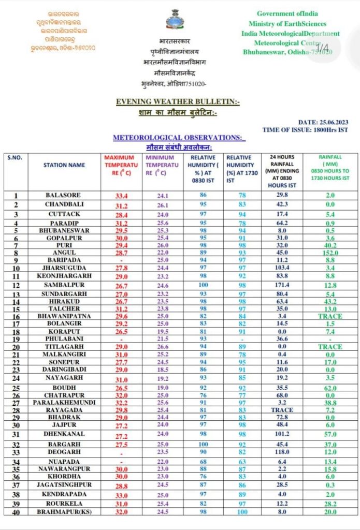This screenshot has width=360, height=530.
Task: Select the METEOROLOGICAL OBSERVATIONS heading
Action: (x=177, y=137)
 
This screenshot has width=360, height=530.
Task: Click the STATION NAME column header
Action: (x=64, y=165)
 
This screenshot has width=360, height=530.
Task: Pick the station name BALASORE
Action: (x=64, y=195)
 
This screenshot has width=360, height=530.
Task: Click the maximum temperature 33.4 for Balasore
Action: (x=122, y=196)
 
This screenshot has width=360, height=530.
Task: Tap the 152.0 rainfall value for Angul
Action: (x=326, y=253)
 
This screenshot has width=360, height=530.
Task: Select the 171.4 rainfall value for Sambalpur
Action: (x=282, y=285)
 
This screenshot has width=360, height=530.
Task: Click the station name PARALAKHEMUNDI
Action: (x=64, y=402)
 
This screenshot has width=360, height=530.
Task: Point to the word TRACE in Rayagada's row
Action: (x=282, y=409)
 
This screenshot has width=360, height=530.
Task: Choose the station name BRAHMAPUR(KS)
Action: (x=64, y=511)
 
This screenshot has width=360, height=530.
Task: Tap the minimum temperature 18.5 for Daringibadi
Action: (x=163, y=369)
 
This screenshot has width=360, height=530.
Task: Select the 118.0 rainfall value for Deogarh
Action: (x=282, y=451)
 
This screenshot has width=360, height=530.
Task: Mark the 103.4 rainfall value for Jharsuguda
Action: (x=282, y=268)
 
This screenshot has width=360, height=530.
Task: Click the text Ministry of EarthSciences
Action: (x=287, y=23)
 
